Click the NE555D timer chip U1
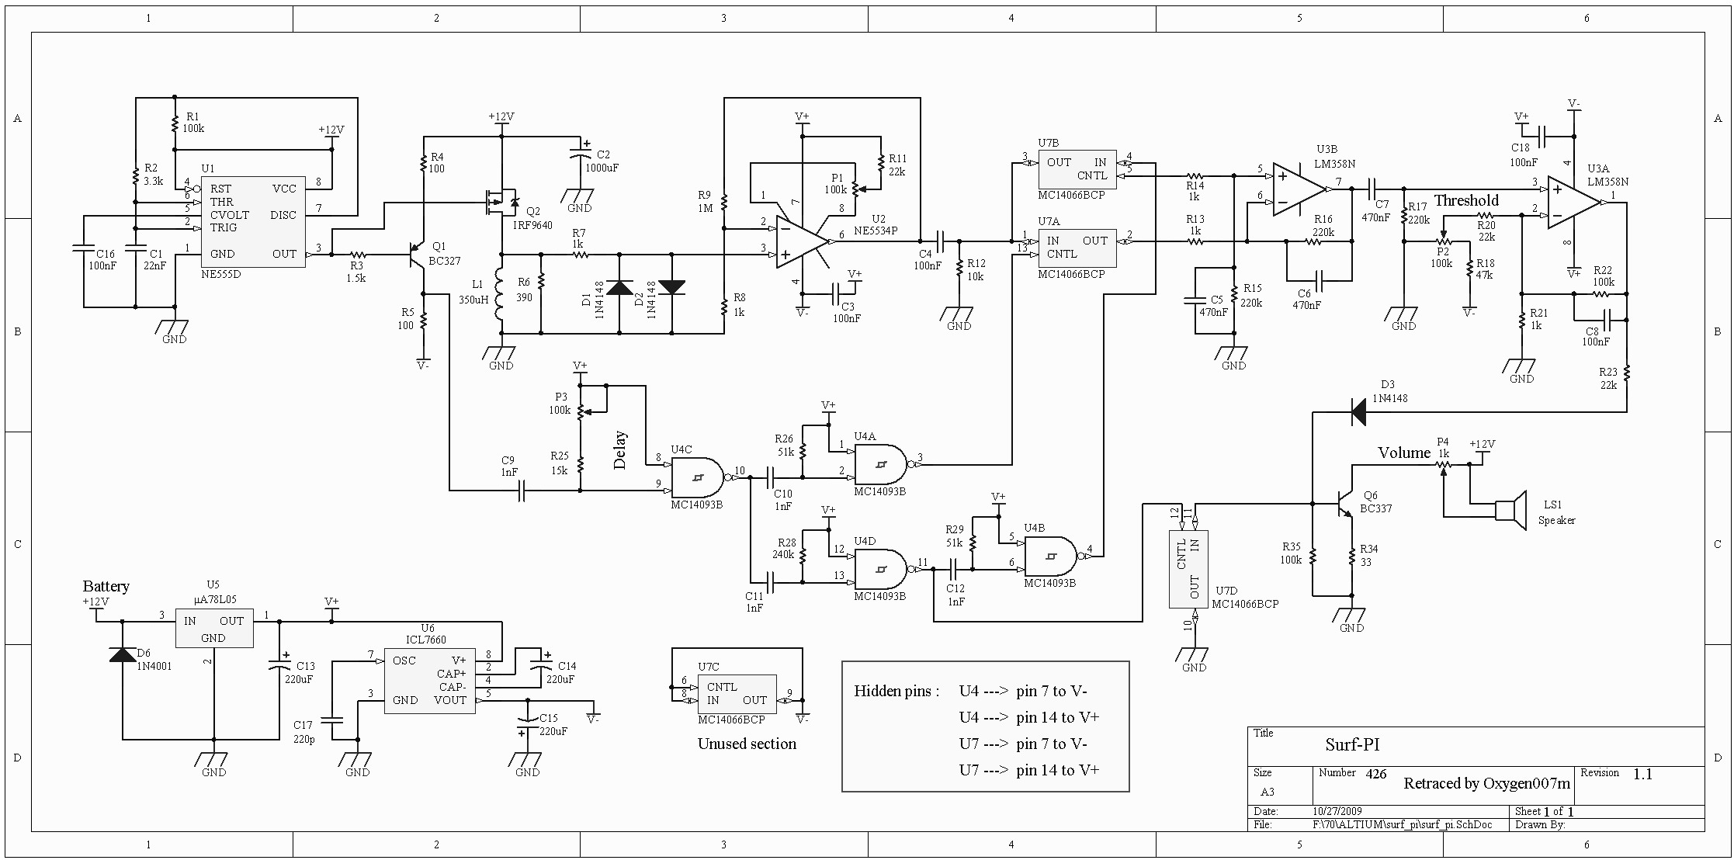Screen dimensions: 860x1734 pos(253,222)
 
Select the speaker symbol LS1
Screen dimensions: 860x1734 pos(1510,510)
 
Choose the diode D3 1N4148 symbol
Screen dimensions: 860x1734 pos(1358,411)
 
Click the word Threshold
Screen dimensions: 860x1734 pos(1466,200)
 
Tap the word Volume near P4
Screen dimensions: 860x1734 pos(1403,453)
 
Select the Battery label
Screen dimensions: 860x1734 pos(106,586)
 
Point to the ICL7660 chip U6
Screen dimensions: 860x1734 pos(429,680)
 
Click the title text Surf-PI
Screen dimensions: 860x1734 pos(1352,744)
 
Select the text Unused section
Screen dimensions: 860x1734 pos(747,744)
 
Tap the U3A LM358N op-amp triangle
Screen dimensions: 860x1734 pos(1573,203)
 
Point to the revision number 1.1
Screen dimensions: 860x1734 pos(1642,774)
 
